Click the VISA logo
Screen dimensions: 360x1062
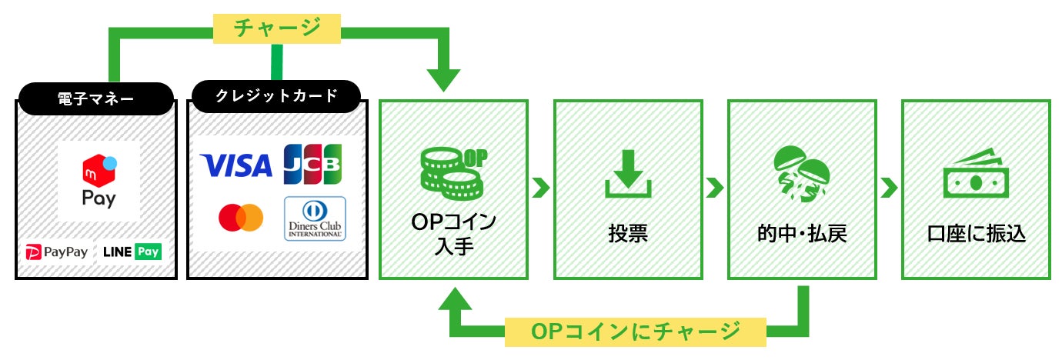click(235, 165)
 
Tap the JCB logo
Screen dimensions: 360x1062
click(312, 165)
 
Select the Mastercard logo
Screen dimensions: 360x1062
click(240, 218)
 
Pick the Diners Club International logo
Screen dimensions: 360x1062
click(315, 219)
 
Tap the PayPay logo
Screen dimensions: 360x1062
click(57, 252)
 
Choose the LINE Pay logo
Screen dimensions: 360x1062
click(132, 252)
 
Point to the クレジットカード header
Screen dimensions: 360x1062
click(275, 96)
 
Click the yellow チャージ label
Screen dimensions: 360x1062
click(276, 28)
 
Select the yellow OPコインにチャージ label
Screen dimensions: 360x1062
click(635, 331)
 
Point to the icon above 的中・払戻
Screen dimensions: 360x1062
click(801, 174)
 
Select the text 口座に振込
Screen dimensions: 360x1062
click(976, 233)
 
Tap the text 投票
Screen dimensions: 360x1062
click(627, 233)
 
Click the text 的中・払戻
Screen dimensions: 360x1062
click(801, 233)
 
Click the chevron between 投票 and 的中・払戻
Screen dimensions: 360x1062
click(715, 187)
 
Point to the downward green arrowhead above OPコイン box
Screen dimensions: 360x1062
click(445, 78)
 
